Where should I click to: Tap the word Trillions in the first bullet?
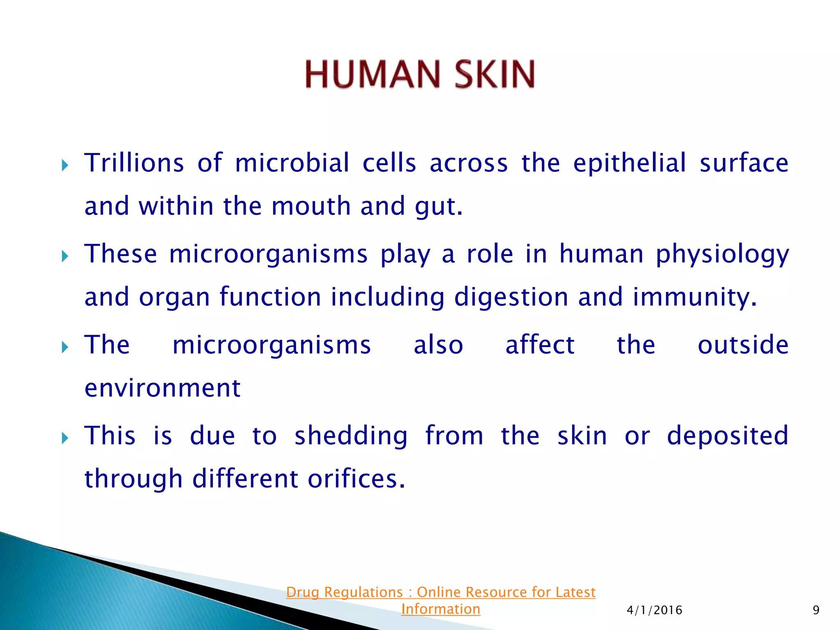tap(134, 163)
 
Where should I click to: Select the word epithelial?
tap(629, 163)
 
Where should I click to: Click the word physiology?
tap(722, 254)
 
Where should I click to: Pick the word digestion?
tap(511, 297)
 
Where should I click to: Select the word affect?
tap(540, 345)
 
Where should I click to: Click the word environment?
tap(162, 388)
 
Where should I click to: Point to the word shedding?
tap(351, 436)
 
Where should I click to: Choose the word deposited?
tap(728, 436)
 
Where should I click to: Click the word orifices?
tap(356, 479)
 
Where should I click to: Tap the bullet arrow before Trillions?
tap(65, 166)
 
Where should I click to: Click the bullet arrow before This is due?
tap(65, 438)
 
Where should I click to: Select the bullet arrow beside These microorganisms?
tap(65, 257)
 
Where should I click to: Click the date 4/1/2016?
tap(654, 610)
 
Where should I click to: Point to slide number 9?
tap(816, 610)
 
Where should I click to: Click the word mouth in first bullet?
tap(311, 206)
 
